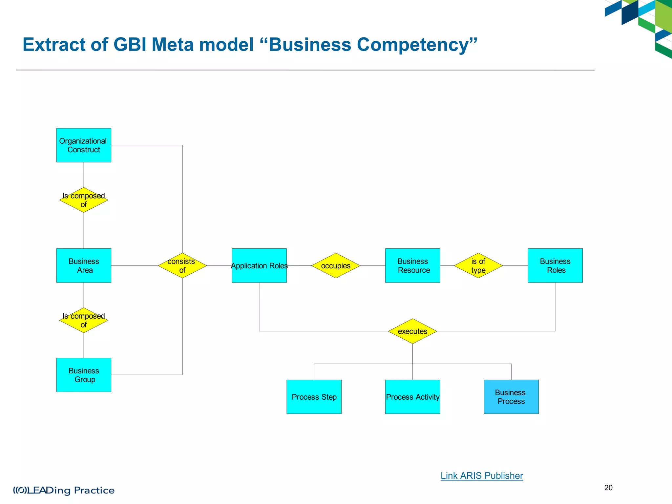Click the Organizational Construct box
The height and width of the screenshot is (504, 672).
84,145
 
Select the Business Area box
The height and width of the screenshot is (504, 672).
84,265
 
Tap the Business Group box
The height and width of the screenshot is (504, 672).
84,375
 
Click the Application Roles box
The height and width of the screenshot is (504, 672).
259,265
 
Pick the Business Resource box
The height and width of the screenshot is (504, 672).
412,265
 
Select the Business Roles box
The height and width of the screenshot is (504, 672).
555,265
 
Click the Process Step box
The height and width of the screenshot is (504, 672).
314,397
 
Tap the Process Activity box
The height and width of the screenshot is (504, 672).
412,397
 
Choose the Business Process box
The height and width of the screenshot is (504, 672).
511,397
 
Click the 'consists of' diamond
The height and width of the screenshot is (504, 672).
182,265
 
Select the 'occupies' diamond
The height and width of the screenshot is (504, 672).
336,265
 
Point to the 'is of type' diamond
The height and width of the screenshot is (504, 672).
478,265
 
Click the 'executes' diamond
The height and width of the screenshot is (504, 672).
412,331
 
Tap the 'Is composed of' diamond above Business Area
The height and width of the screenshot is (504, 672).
84,200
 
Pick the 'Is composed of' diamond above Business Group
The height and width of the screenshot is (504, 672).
84,320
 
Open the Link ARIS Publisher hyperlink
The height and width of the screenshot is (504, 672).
481,475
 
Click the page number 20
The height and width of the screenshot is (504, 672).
608,488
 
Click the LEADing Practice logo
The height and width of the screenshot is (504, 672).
64,490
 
